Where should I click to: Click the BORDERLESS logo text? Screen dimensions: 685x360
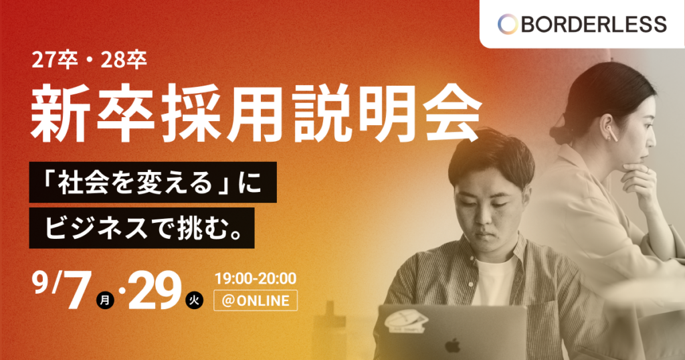coord(594,24)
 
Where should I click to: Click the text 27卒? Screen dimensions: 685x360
coord(54,61)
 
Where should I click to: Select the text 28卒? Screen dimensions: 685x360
coord(124,61)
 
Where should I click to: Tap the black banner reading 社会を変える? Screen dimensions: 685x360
coord(153,182)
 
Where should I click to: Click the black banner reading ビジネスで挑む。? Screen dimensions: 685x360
coord(142,228)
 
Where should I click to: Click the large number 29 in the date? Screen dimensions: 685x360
coord(155,290)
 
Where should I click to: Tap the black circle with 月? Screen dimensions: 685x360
coord(105,300)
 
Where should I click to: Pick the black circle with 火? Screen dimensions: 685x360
coord(195,300)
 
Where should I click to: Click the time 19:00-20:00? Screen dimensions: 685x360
coord(256,278)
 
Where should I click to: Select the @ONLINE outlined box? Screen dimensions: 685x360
coord(256,300)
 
